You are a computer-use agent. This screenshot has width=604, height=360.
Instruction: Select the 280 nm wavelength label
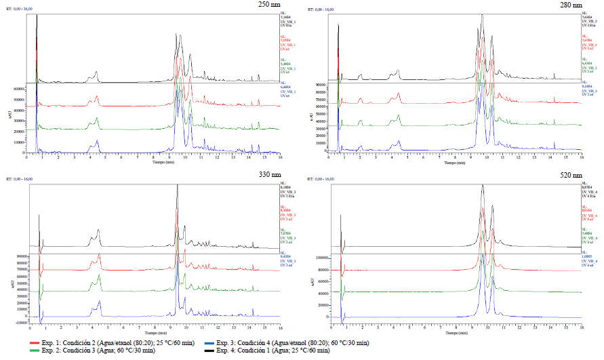pyautogui.click(x=569, y=5)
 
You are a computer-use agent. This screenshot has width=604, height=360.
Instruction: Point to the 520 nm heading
pyautogui.click(x=569, y=174)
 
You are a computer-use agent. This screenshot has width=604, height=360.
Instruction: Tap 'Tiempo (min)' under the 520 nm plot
pyautogui.click(x=455, y=334)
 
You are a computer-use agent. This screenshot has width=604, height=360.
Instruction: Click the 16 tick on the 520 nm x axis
pyautogui.click(x=582, y=327)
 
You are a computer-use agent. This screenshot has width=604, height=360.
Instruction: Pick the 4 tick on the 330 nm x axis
pyautogui.click(x=90, y=327)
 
